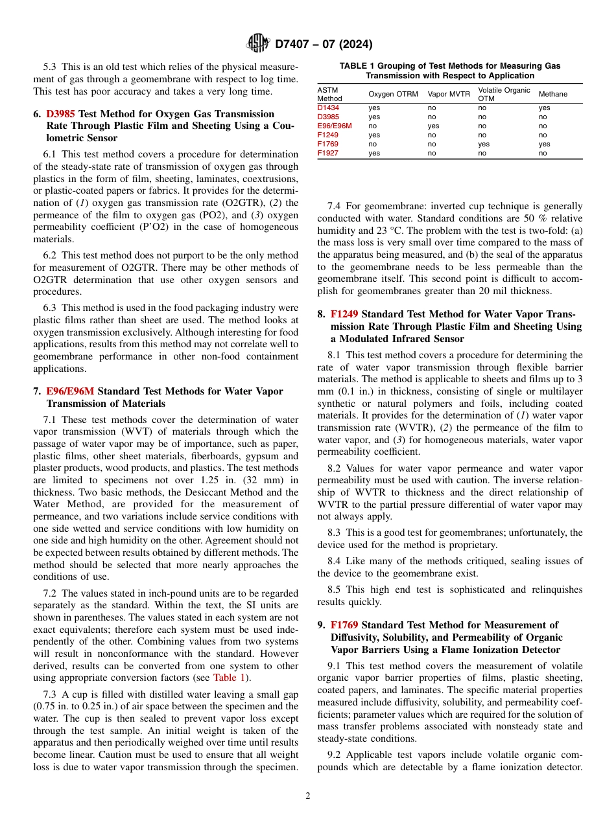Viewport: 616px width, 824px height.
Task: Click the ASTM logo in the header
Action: (258, 43)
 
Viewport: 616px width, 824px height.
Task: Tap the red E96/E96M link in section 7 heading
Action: (70, 391)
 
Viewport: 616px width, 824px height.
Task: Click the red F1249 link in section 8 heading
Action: (344, 314)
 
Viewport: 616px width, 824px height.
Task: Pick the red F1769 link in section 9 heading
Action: (344, 625)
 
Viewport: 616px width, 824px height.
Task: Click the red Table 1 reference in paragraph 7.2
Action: (230, 678)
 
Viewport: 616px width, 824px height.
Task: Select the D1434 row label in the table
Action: (328, 108)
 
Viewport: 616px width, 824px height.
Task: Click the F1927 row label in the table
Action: (327, 154)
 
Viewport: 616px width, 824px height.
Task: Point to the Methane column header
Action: (552, 94)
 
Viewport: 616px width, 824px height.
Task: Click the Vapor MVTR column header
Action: (449, 94)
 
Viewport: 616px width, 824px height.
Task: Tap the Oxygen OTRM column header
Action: (393, 94)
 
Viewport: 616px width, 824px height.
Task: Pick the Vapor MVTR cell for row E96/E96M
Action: (434, 126)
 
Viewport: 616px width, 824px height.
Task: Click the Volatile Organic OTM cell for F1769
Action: (484, 144)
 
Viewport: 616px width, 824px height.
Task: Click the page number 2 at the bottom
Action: (308, 796)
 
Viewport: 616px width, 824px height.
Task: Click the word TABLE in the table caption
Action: (354, 66)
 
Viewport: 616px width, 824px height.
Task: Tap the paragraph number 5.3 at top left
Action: (51, 67)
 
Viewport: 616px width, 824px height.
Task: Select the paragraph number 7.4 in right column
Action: (335, 206)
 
